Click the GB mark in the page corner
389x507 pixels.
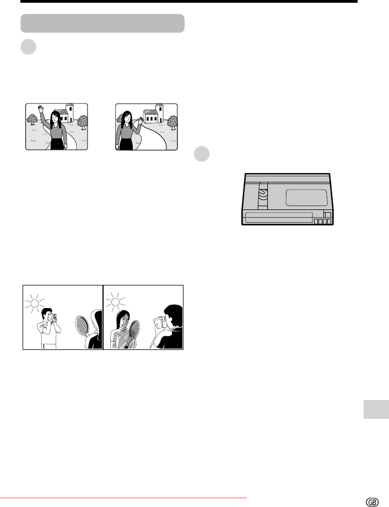(372, 502)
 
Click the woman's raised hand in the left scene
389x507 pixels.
(40, 109)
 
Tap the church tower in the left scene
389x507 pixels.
(69, 113)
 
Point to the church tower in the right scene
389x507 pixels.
(159, 113)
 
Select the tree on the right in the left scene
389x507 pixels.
(83, 122)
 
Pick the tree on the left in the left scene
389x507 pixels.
(32, 120)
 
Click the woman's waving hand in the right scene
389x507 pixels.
(141, 120)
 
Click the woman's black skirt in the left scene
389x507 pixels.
(57, 144)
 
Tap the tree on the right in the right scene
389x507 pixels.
(172, 122)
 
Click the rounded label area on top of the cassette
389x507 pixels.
(306, 198)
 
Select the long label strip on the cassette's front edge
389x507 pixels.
(279, 218)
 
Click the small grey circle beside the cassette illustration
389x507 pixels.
(202, 154)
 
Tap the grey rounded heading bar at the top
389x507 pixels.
(102, 23)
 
